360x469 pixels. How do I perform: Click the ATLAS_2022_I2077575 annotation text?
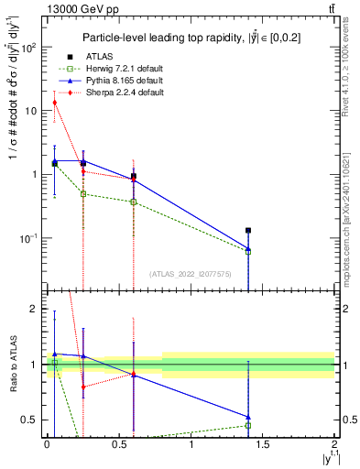coord(190,274)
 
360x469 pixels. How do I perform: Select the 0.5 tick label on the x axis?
coord(118,444)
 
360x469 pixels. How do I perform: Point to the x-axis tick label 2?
coord(334,444)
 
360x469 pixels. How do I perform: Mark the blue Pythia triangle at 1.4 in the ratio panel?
coord(248,417)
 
